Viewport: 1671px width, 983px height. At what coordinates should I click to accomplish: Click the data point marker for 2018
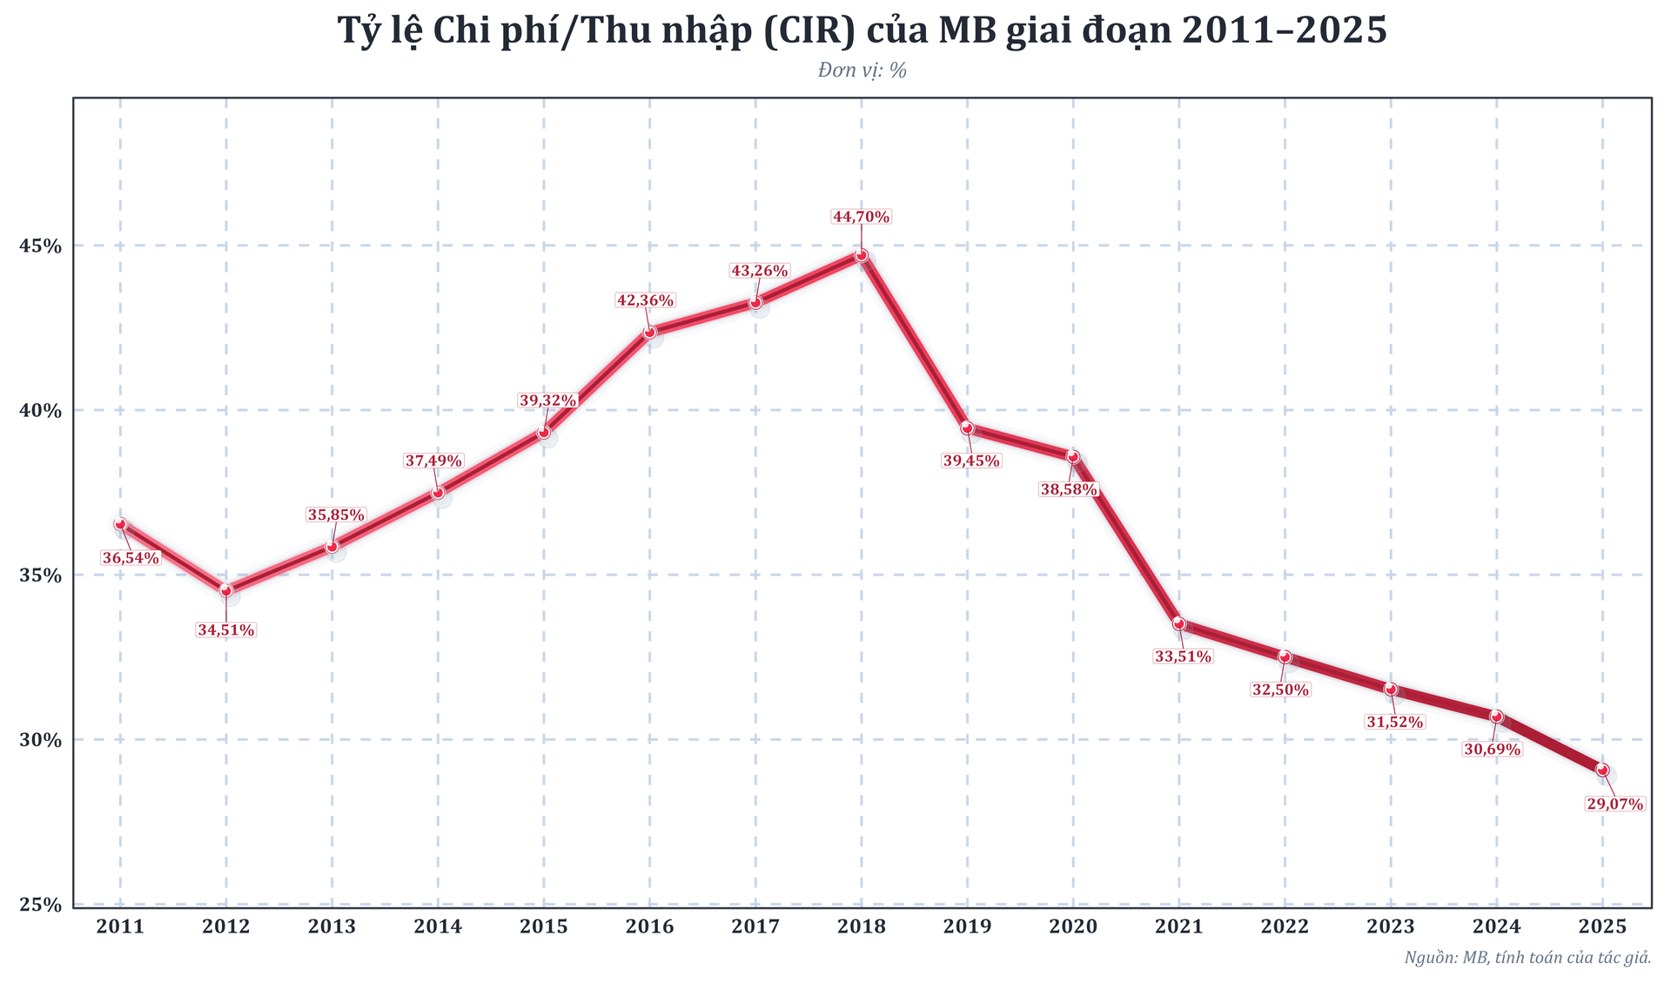pyautogui.click(x=861, y=255)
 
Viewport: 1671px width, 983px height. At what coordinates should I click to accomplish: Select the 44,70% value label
pyautogui.click(x=861, y=217)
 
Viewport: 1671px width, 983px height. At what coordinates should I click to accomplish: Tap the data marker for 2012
pyautogui.click(x=226, y=591)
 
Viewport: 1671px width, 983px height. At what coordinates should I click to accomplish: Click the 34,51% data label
pyautogui.click(x=226, y=630)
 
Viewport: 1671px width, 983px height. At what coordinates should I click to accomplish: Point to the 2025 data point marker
pyautogui.click(x=1602, y=770)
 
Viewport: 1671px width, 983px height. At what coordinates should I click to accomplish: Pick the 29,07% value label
pyautogui.click(x=1614, y=805)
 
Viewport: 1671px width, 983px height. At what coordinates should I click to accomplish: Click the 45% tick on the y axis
pyautogui.click(x=41, y=246)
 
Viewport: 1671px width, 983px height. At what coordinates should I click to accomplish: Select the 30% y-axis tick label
pyautogui.click(x=41, y=740)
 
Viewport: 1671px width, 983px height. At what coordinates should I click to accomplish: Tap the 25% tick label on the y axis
pyautogui.click(x=41, y=905)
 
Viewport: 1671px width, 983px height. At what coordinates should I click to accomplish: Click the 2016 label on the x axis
pyautogui.click(x=649, y=927)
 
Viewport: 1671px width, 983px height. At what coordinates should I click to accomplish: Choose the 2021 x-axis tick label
pyautogui.click(x=1178, y=927)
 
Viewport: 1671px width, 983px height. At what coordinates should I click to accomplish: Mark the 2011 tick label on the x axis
pyautogui.click(x=120, y=927)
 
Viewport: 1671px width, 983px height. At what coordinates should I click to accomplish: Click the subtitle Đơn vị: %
pyautogui.click(x=862, y=71)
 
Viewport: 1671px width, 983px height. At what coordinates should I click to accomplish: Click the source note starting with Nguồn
pyautogui.click(x=1527, y=958)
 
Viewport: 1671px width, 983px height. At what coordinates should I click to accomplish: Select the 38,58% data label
pyautogui.click(x=1068, y=490)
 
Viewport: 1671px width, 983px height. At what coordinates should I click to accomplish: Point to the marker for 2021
pyautogui.click(x=1178, y=623)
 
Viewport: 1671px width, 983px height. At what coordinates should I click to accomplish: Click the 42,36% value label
pyautogui.click(x=645, y=300)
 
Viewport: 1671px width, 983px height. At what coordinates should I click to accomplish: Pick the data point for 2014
pyautogui.click(x=438, y=492)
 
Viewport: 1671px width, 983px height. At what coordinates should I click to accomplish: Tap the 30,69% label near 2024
pyautogui.click(x=1492, y=750)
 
